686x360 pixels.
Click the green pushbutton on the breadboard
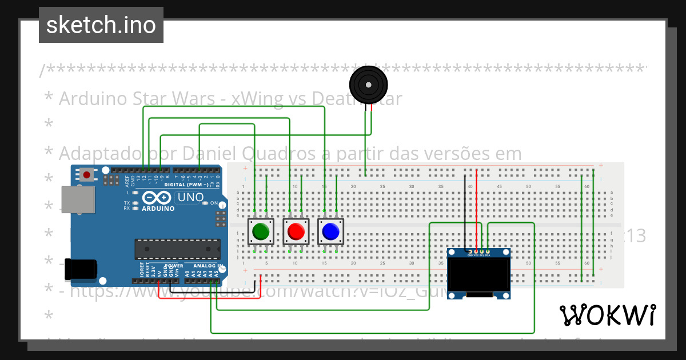(261, 231)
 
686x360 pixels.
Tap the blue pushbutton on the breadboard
(330, 231)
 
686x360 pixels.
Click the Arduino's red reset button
(86, 174)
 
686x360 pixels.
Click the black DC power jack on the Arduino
(79, 269)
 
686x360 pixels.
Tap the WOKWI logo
(607, 315)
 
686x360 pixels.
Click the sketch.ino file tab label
(101, 25)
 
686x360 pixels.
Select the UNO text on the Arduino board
(190, 197)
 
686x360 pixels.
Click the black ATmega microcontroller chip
(177, 249)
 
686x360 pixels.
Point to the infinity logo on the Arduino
(156, 198)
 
